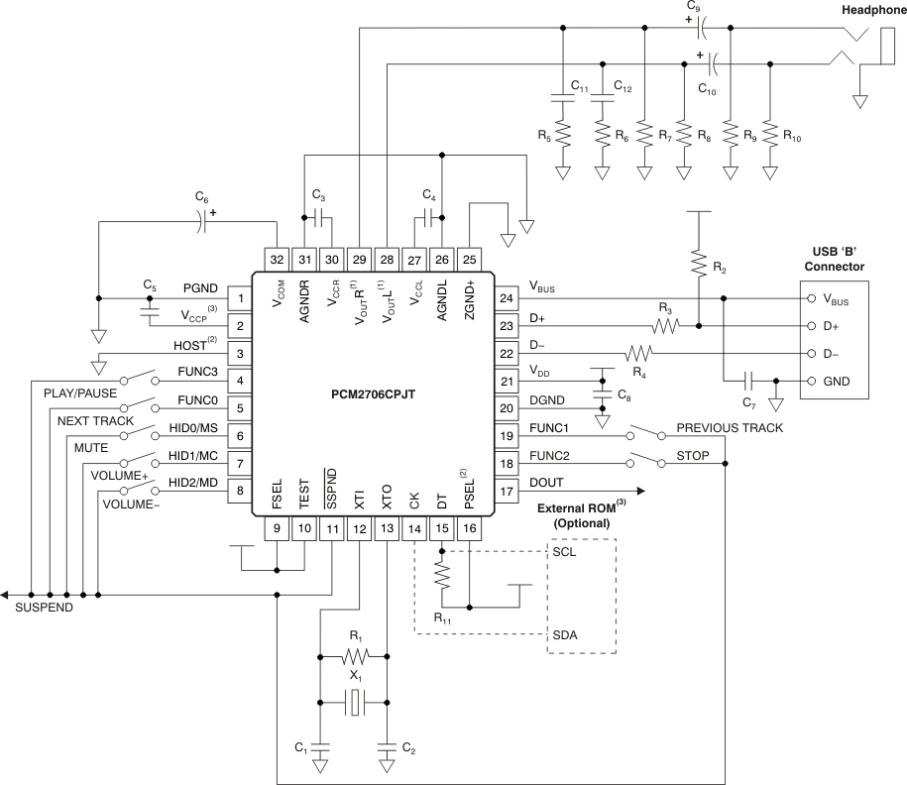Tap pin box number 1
click(x=240, y=297)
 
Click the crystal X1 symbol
click(x=353, y=704)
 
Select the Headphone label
click(x=872, y=10)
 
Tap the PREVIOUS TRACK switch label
click(x=730, y=428)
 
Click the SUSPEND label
click(x=44, y=607)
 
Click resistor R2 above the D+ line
click(x=698, y=265)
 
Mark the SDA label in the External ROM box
click(x=565, y=634)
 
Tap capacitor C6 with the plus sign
click(x=201, y=222)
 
